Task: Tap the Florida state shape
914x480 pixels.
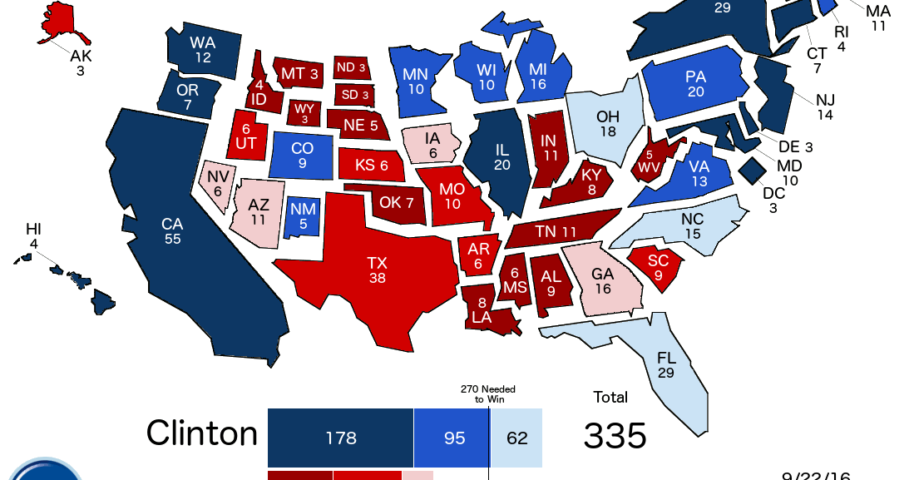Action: click(665, 366)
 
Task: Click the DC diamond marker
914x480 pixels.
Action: click(753, 171)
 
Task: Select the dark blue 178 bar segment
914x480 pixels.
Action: click(340, 438)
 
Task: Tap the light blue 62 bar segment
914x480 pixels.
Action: click(516, 438)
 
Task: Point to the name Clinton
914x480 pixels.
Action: click(202, 433)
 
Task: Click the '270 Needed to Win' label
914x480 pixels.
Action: click(488, 393)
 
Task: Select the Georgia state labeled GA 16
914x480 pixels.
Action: click(601, 281)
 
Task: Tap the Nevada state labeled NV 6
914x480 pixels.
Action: click(218, 183)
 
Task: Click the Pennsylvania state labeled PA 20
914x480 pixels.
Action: click(695, 83)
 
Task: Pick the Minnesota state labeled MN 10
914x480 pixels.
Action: click(416, 82)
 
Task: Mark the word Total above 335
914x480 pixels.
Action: click(610, 397)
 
